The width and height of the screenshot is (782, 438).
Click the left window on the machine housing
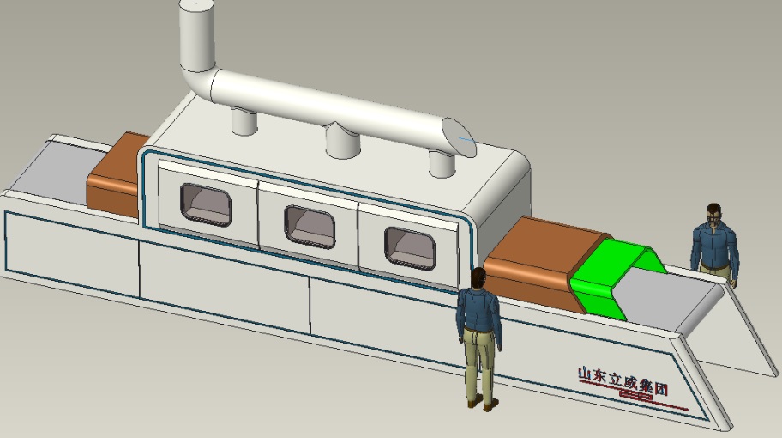[x=206, y=204]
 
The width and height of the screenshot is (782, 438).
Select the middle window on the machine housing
[x=310, y=228]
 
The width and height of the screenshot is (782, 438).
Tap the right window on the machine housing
[x=410, y=249]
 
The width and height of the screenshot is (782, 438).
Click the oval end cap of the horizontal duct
[x=459, y=137]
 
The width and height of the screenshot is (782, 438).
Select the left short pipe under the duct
[x=244, y=121]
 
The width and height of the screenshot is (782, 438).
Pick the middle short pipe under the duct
[x=343, y=142]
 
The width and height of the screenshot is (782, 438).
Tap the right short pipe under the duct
[x=442, y=164]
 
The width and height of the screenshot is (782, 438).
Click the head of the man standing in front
[x=478, y=278]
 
